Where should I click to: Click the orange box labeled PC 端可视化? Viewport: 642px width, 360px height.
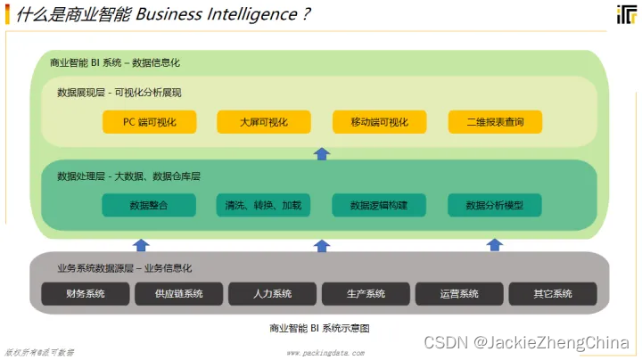[148, 122]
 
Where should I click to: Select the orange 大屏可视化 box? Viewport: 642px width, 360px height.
[264, 122]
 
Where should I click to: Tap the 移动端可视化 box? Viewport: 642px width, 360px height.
[379, 122]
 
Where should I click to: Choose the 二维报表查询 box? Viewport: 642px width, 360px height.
[495, 122]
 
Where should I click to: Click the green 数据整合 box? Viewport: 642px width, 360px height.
[148, 205]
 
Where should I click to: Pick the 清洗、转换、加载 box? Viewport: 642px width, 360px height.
[264, 205]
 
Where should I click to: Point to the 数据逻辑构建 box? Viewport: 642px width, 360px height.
[379, 205]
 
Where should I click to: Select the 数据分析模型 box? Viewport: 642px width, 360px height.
[495, 205]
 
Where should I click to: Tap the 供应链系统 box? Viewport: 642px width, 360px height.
[179, 293]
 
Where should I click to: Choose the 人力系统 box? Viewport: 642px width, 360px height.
[273, 293]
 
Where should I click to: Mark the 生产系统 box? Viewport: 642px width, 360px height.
[366, 293]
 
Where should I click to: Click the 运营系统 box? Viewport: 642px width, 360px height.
[459, 293]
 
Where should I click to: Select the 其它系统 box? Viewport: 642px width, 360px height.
[553, 293]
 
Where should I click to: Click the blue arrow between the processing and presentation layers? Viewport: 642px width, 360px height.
[322, 153]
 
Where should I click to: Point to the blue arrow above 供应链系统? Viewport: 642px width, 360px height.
[141, 245]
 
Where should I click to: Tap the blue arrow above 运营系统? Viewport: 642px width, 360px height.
[495, 245]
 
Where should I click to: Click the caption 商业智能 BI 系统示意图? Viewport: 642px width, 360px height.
[319, 328]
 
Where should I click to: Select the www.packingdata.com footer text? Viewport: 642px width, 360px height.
[325, 353]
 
